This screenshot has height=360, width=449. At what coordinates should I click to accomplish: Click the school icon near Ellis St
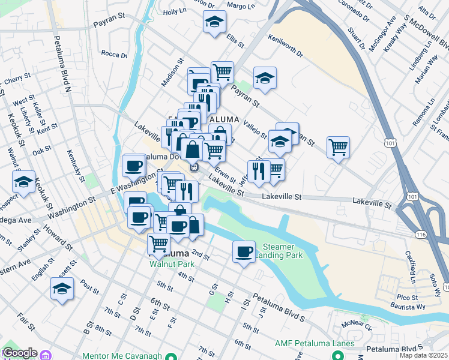click(214, 23)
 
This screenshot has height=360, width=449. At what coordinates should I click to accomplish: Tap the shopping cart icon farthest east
click(339, 146)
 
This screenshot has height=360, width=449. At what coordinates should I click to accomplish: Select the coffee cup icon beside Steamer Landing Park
click(244, 251)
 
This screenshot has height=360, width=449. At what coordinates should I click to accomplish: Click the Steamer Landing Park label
click(279, 251)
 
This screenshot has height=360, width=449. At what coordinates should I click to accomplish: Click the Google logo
click(19, 353)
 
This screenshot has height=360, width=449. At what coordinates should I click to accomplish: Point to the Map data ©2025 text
click(423, 355)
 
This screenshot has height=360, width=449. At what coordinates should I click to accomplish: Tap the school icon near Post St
click(62, 288)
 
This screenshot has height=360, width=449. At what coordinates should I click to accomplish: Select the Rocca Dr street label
click(114, 55)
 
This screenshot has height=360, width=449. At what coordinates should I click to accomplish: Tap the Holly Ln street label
click(175, 11)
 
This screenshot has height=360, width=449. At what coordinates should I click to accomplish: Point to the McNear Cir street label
click(358, 324)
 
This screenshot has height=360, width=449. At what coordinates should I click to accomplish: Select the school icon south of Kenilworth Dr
click(264, 77)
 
